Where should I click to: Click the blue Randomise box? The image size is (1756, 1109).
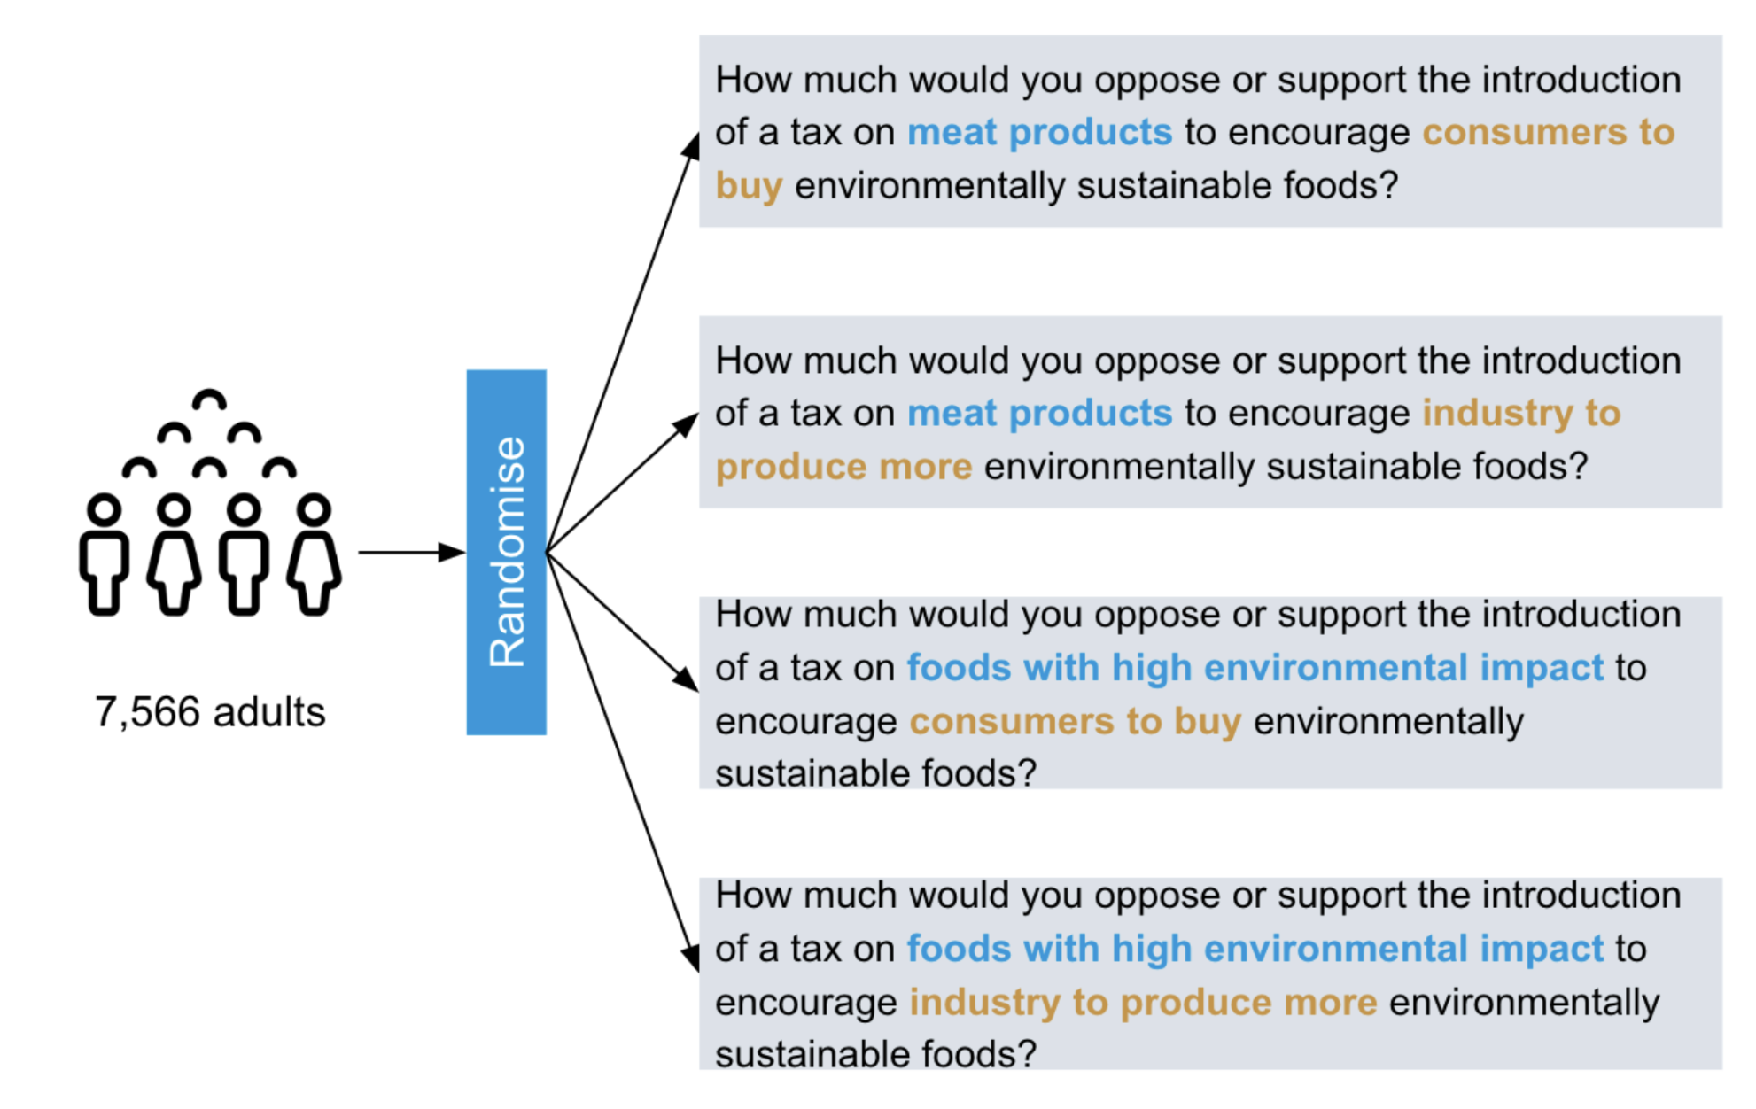coord(506,552)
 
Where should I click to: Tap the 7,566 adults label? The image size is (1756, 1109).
coord(210,712)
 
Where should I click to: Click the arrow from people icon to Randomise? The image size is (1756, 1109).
coord(412,553)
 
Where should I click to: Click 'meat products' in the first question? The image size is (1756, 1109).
coord(1039,133)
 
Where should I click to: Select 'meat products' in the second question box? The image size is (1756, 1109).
coord(1039,414)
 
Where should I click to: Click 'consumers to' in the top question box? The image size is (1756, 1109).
coord(1549,133)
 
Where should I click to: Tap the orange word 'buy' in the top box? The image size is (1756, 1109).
coord(749,187)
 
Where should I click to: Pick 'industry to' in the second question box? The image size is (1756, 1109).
coord(1521,414)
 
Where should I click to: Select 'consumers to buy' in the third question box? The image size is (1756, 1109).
coord(1076,722)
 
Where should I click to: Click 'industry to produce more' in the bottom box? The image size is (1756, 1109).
coord(1143,1003)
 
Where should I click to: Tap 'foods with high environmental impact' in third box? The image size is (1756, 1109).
coord(1255,668)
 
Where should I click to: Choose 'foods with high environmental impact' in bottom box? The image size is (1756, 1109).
coord(1255,949)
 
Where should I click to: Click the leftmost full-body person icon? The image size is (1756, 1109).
coord(105,554)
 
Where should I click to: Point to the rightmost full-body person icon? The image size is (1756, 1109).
coord(314,554)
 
